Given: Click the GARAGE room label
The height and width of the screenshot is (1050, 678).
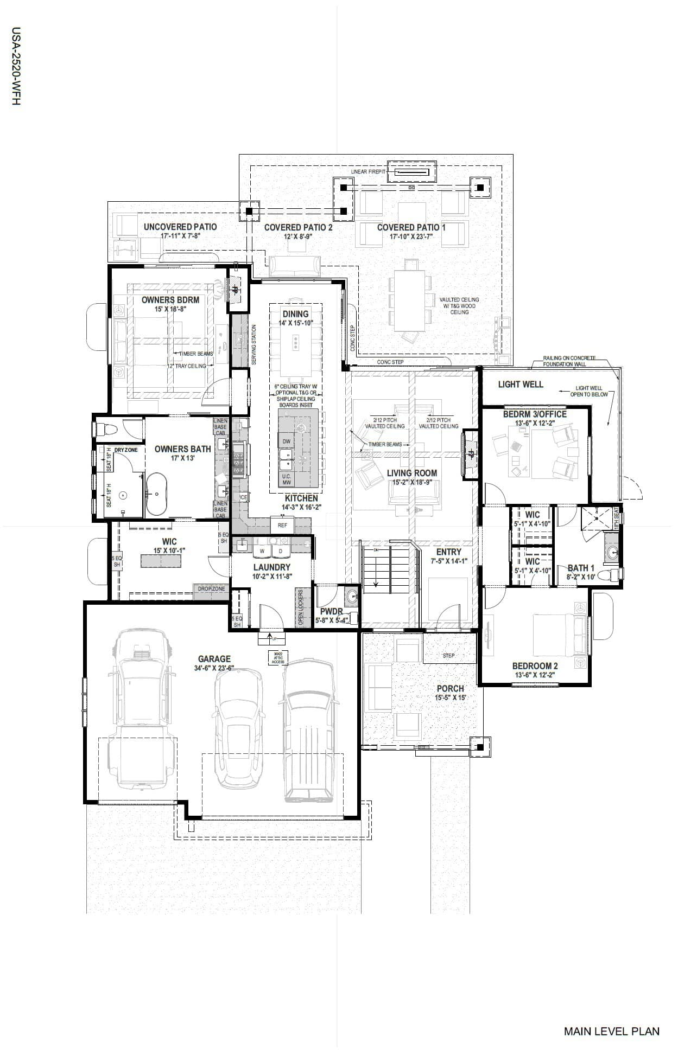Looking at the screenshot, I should coord(214,659).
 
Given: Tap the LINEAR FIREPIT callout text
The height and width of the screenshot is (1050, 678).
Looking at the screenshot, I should coord(368,172).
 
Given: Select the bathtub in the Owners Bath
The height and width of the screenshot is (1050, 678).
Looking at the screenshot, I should coord(156,494).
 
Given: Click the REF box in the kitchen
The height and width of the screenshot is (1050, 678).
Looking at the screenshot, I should coord(282,525).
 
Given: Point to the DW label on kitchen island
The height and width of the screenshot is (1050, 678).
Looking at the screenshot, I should coord(286,441).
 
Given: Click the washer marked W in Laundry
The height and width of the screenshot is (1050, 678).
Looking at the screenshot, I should coord(262,551).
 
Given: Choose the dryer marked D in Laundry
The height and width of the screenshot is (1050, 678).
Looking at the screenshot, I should coord(281,551).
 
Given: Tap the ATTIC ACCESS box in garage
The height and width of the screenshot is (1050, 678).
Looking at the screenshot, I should coord(278,658).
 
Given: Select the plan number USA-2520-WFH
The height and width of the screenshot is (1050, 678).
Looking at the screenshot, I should coord(16,66).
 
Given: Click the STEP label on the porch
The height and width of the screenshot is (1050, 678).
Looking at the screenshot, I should coord(448,655).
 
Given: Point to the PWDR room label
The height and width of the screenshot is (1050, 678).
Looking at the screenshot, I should coord(331,611).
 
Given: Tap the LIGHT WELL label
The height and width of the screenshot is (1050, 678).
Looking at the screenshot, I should coord(520,384).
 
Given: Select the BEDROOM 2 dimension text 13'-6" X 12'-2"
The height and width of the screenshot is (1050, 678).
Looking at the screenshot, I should coord(535,675).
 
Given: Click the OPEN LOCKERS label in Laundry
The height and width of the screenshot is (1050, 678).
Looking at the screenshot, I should coord(300,607).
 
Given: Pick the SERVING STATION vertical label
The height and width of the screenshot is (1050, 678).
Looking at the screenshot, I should coord(254,345).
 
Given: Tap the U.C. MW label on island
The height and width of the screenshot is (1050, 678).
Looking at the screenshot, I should coord(286,479).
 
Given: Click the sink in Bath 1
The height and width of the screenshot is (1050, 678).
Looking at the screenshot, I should coord(612,553).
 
